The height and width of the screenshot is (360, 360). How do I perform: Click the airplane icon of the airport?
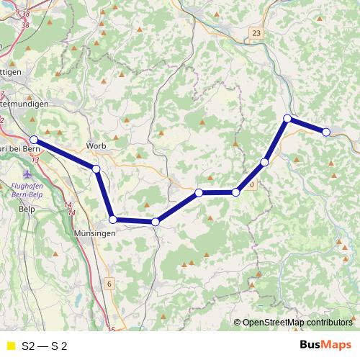click(x=27, y=174)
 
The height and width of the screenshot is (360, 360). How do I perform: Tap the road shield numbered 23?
click(x=257, y=33)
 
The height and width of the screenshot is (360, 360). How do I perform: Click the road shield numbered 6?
click(x=109, y=284)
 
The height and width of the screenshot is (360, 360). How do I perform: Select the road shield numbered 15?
click(x=110, y=330)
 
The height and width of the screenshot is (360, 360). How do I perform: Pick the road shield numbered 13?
click(x=35, y=158)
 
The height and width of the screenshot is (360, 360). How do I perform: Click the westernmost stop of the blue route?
click(x=34, y=139)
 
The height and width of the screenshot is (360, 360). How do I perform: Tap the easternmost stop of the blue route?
click(x=326, y=132)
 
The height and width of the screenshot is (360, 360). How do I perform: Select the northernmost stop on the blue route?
click(x=287, y=118)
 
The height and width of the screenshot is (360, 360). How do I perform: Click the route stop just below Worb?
click(x=96, y=169)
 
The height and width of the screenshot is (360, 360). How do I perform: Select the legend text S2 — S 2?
click(x=45, y=346)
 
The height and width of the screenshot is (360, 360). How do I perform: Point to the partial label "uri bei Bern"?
click(x=19, y=148)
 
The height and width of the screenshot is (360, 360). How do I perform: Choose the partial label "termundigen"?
click(x=24, y=104)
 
